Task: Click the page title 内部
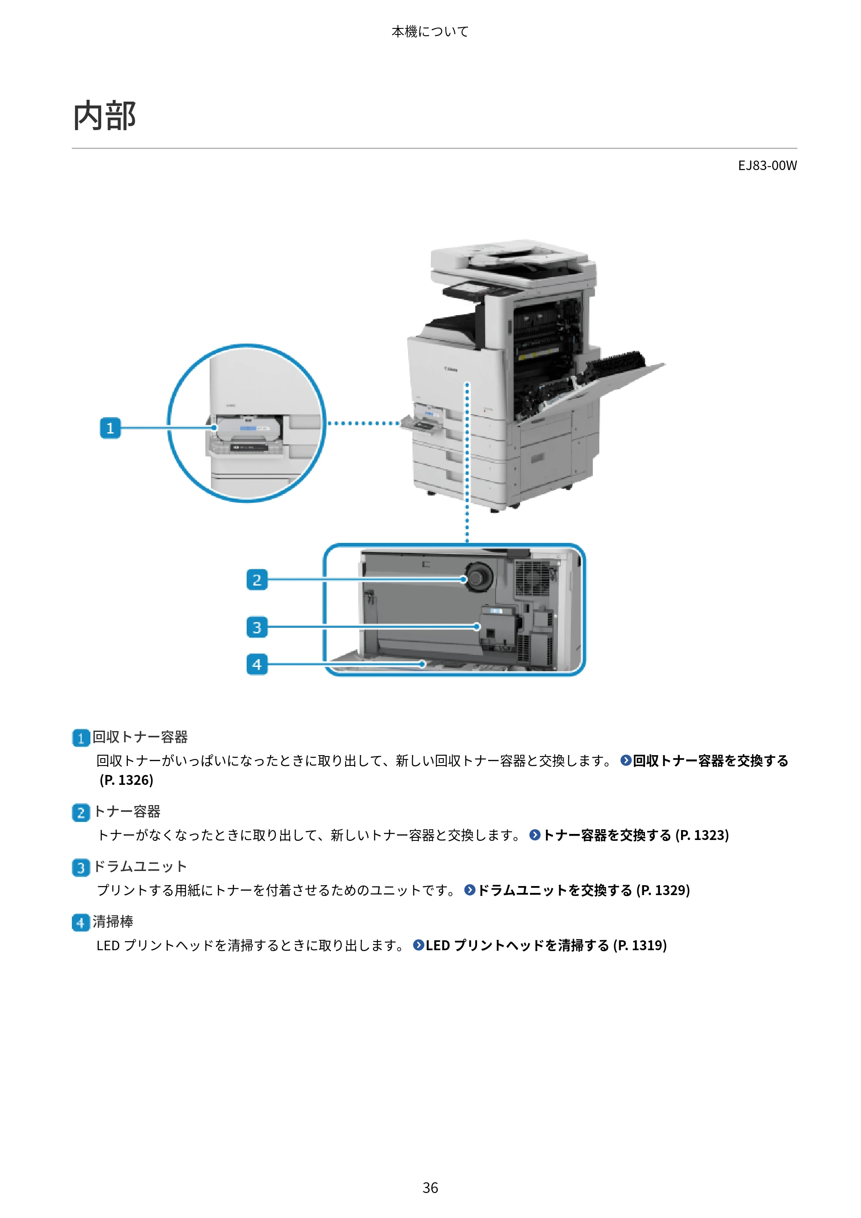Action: point(105,116)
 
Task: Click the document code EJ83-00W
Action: point(767,165)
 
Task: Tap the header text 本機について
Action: point(430,31)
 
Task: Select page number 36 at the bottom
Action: point(430,1188)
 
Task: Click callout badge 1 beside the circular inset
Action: point(110,428)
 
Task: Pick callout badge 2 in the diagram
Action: point(257,580)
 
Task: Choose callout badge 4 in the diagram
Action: point(257,664)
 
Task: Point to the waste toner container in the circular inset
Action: point(248,429)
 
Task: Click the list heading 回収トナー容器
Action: point(140,737)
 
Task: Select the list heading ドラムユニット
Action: point(140,866)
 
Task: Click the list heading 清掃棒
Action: point(113,921)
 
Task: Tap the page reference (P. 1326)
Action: point(126,780)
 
